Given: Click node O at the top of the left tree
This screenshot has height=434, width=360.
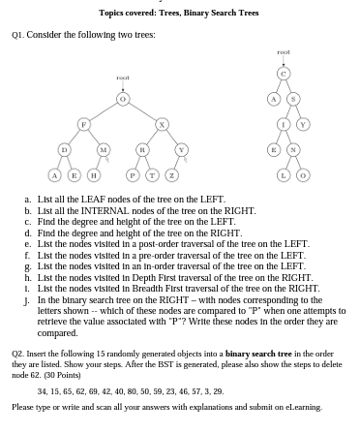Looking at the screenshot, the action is coord(122,98).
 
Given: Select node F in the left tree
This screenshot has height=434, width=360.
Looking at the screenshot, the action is coord(83,124).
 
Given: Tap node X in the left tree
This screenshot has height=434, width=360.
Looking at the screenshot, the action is coord(162,124).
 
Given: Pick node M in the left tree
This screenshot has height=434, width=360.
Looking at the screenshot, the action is coord(103,149).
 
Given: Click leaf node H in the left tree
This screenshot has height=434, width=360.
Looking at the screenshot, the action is coord(93,174).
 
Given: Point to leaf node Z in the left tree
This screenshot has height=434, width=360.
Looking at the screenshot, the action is coord(171,174).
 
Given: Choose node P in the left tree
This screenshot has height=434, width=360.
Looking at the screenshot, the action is coord(133,174).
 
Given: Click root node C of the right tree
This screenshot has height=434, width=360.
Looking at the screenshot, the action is coord(284,73).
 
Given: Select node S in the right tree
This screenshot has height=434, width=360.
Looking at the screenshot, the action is coord(293,98).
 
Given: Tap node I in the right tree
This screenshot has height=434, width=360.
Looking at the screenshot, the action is coord(284,124).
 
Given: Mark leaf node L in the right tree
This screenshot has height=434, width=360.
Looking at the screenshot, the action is coord(284,174).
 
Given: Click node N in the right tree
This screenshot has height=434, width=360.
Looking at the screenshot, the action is coord(293,149).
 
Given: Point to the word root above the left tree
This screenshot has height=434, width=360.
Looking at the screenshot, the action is coord(122,77).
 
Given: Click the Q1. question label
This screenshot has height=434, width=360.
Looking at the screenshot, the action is coord(17,34).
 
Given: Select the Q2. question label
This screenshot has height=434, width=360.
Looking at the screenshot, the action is coord(18,355).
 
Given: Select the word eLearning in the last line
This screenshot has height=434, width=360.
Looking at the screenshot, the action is coord(305,407).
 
